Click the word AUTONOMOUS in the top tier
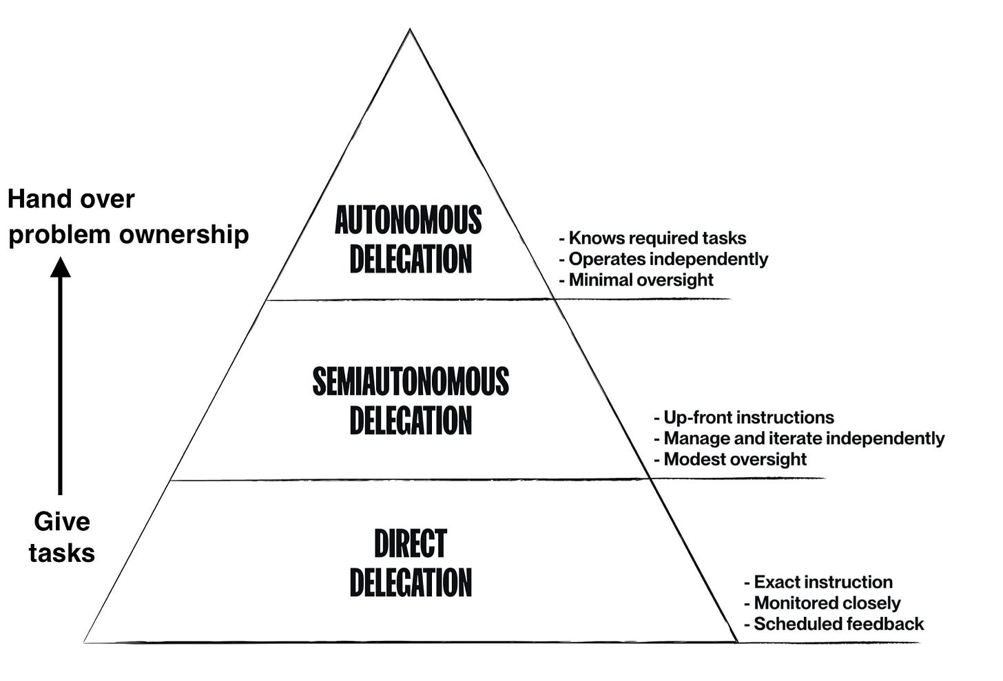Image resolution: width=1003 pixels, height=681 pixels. pos(409,220)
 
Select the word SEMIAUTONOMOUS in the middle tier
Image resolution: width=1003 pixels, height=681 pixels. pos(411,381)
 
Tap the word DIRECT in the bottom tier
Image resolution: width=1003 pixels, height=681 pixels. pos(411,543)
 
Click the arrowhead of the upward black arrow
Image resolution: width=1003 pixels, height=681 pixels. pos(61,266)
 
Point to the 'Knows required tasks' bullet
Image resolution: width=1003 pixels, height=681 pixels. pos(652,238)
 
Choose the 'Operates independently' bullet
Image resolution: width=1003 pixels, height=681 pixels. pos(663,259)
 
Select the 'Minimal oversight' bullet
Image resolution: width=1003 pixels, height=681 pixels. pos(636,280)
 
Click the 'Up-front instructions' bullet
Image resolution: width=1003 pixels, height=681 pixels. pos(744,417)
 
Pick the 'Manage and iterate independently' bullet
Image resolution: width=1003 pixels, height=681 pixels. pos(799,438)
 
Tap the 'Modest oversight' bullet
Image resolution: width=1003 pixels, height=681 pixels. pos(730,459)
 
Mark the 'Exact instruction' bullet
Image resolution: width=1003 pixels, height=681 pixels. pos(818,583)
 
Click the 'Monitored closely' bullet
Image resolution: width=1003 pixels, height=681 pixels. pos(823,603)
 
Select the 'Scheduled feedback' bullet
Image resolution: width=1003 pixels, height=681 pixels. pos(834,624)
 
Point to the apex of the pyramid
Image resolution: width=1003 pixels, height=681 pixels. pos(410,30)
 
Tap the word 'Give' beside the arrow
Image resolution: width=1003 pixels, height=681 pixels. pos(62,521)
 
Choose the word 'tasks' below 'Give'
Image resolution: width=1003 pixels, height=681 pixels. pos(62,553)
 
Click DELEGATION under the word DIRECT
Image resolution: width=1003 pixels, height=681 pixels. pos(411,583)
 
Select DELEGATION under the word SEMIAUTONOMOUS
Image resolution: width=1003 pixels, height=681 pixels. pos(411,421)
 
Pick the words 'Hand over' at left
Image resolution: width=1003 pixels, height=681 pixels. pos(71,199)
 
